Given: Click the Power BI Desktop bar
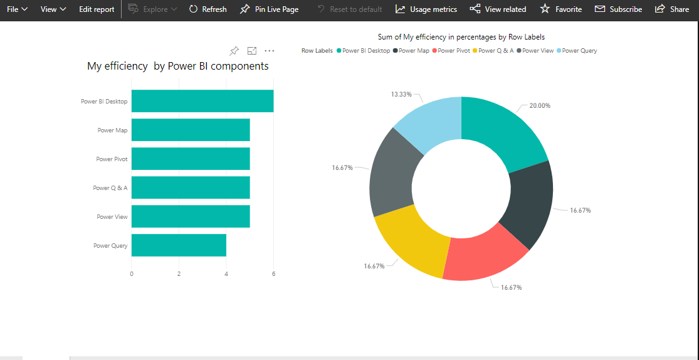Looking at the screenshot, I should point(202,101).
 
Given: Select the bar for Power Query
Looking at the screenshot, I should point(179,245).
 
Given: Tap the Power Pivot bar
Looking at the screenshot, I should point(191,159).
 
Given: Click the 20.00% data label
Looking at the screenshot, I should point(539,105).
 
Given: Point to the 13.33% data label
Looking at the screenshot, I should point(401,94).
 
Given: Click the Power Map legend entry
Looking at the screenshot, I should point(414,51).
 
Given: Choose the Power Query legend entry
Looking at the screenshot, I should point(579,51).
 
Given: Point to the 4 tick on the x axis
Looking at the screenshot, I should point(226,274).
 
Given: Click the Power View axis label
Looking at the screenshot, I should point(112,217).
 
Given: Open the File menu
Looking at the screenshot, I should point(17,9).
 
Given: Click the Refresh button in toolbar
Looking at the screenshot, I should point(208,9).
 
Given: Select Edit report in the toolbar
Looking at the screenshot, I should point(97,9).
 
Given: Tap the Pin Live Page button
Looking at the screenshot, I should point(269,9).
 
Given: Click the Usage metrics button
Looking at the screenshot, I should point(426,9).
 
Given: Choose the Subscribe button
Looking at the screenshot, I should point(618,9).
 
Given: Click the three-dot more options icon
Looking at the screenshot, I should point(270,51).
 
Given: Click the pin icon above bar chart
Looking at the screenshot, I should point(234,51).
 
